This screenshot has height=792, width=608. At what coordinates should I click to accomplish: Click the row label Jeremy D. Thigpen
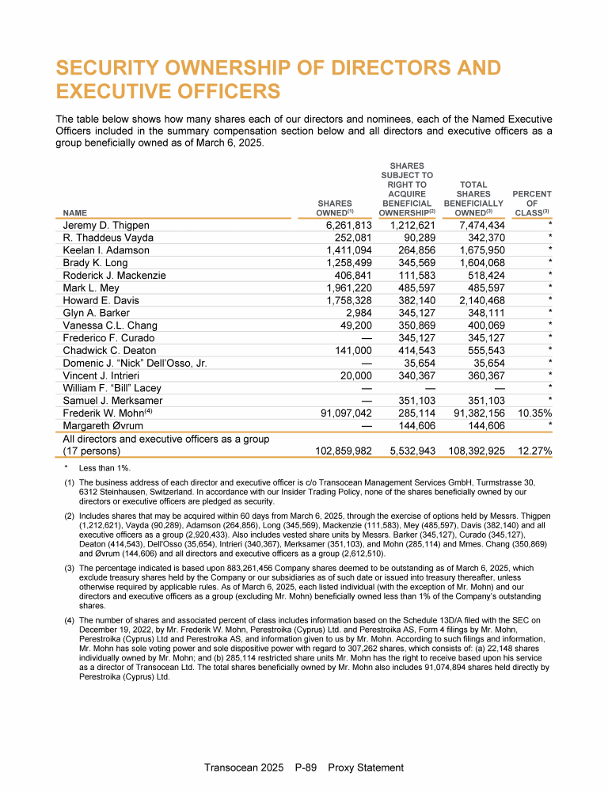(x=106, y=226)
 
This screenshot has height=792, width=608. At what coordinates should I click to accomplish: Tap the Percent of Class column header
(x=532, y=203)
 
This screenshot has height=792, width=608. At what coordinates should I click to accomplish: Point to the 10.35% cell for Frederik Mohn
(x=534, y=413)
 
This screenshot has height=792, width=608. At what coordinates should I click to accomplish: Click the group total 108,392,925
(x=475, y=451)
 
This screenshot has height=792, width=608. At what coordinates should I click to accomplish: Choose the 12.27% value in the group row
(x=534, y=451)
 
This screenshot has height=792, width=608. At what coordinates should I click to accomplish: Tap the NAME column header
(x=76, y=212)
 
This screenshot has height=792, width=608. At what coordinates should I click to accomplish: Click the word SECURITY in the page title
(x=120, y=67)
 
